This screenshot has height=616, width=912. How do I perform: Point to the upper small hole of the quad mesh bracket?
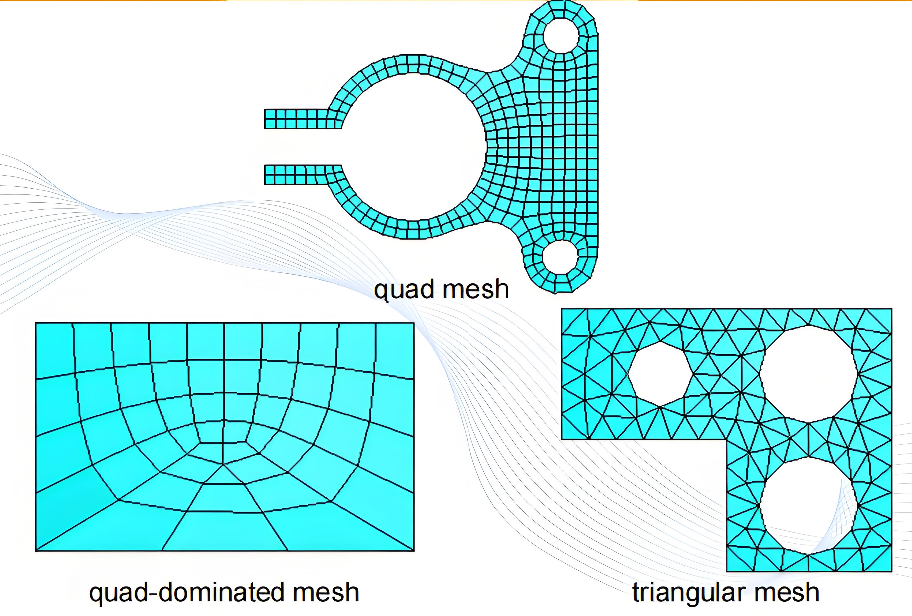tap(561, 35)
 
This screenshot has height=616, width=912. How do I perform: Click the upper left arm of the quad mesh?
tap(298, 118)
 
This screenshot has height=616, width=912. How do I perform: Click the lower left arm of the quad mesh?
tap(298, 175)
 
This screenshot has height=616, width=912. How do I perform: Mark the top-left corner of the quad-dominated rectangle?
tap(36, 323)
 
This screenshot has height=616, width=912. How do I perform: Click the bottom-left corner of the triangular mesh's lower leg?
tap(727, 570)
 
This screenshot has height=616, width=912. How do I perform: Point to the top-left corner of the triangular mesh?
tap(562, 309)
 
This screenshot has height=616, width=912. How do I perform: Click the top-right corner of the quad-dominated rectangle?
tap(413, 323)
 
